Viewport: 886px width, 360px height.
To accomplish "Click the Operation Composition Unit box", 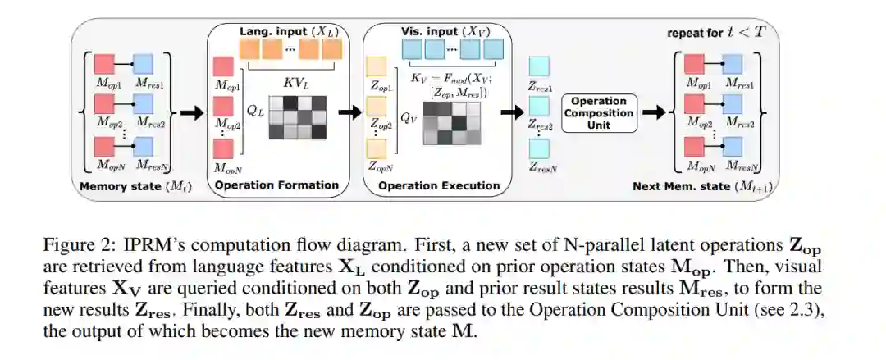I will coord(599,113).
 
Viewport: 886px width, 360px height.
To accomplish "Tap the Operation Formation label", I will coord(276,185).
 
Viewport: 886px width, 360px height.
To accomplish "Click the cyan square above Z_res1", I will coord(540,66).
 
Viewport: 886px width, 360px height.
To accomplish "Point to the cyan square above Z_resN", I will coord(540,148).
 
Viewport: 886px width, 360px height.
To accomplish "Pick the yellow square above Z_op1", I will coord(377,66).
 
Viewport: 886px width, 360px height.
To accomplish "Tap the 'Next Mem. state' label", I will coord(702,186).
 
